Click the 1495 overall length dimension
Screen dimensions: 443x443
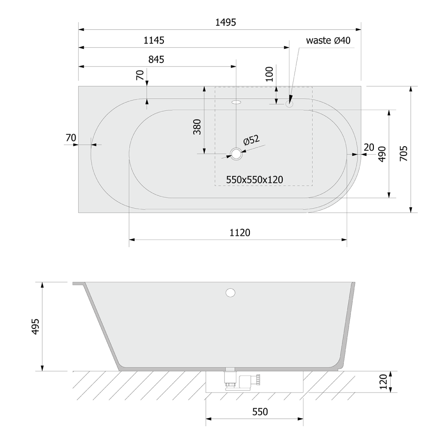tap(225, 22)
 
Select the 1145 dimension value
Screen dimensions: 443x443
tap(154, 40)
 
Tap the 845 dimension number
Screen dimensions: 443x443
tap(156, 60)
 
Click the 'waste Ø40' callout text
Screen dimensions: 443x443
tap(328, 40)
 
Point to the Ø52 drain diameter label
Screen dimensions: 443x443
tap(251, 140)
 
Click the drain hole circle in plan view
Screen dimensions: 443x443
tap(236, 154)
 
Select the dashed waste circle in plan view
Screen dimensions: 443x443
tap(289, 104)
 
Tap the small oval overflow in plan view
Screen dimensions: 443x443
tap(236, 102)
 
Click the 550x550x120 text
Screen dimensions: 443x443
tap(255, 180)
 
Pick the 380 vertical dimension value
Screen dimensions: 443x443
tap(197, 127)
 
